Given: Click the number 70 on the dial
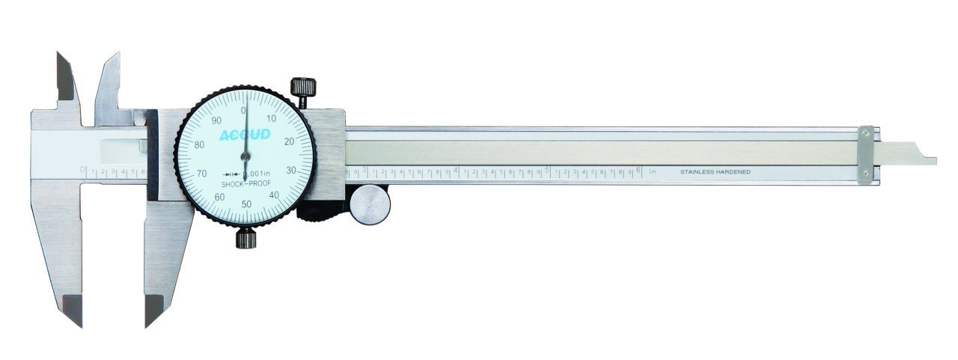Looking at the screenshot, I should point(201,174).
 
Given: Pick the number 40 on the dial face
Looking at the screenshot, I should point(275,195).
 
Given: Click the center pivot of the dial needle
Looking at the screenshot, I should point(245,156).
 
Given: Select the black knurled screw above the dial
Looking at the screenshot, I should point(303,88).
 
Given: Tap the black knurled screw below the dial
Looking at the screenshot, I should point(245,239).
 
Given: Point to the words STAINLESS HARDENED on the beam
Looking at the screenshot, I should point(715,172).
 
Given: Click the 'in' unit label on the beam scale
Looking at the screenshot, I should point(653,171).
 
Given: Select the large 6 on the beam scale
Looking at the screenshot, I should point(638,170).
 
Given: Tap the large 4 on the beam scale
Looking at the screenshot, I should point(456,171).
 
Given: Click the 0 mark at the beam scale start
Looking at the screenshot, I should point(82,171).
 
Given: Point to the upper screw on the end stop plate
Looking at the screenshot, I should point(866,133).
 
